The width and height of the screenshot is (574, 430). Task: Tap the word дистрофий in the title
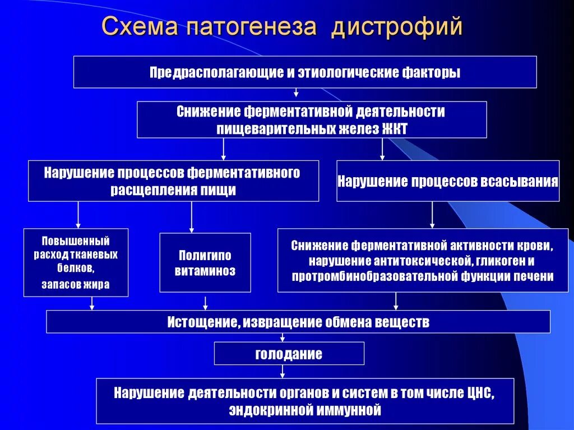[x=396, y=27]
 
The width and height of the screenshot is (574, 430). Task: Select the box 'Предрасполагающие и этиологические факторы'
[x=305, y=72]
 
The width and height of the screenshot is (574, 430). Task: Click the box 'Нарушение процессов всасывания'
[x=448, y=181]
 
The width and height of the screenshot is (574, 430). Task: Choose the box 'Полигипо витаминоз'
[x=205, y=263]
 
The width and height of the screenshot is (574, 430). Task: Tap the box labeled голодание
[x=289, y=354]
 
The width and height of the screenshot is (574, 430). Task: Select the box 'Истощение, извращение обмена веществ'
[x=298, y=322]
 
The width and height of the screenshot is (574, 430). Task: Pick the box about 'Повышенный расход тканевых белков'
[x=76, y=262]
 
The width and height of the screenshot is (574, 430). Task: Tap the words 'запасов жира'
[x=76, y=284]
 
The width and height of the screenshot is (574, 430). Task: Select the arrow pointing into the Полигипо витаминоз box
[x=192, y=217]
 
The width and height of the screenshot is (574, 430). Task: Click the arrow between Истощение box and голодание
[x=282, y=337]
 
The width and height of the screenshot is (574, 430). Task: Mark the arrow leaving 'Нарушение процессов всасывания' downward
[x=432, y=214]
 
